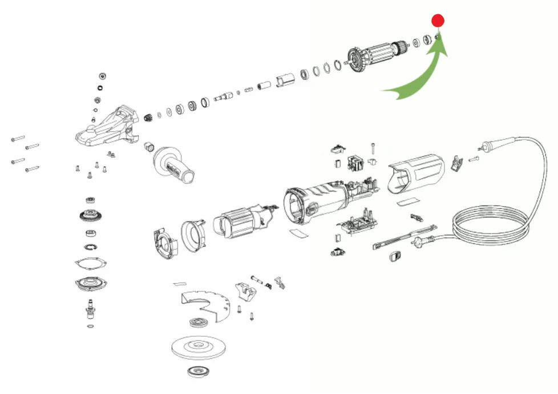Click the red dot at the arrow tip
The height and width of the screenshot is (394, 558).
coord(438,21)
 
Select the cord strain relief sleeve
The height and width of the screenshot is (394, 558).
coord(489,146)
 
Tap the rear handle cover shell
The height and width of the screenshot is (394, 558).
coord(417,174)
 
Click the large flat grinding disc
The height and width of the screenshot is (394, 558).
coord(197,346)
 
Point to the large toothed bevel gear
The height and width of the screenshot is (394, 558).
coord(90,217)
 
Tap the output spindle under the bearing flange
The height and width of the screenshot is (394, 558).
coord(90,308)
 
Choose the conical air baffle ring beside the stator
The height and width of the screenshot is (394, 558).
coord(194,234)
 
